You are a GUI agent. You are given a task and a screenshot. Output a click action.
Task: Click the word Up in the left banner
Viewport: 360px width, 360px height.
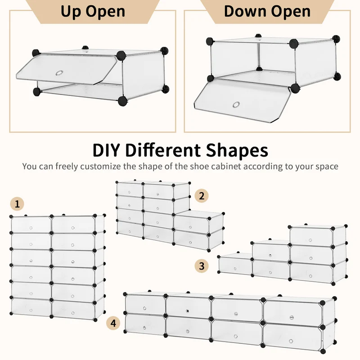point(71,12)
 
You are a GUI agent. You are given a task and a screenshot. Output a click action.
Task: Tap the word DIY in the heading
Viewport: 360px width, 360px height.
point(107,150)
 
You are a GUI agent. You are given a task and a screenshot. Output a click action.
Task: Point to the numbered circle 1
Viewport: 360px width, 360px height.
point(17,204)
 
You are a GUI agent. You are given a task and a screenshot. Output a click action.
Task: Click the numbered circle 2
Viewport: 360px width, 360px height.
point(202,196)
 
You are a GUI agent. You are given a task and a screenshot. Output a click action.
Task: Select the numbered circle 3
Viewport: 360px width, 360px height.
point(202,266)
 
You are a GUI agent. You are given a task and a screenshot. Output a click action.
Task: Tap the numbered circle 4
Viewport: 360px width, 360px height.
point(113,323)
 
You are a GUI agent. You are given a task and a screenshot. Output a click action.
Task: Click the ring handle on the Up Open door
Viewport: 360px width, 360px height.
point(59,73)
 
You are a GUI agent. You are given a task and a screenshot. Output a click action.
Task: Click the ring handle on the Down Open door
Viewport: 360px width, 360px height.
point(236,105)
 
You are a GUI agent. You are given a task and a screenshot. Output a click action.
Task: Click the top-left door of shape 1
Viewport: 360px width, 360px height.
point(31,225)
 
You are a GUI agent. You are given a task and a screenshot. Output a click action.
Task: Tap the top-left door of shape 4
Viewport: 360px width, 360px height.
point(145,306)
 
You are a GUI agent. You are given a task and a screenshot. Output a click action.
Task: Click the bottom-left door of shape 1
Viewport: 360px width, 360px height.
point(31,307)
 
